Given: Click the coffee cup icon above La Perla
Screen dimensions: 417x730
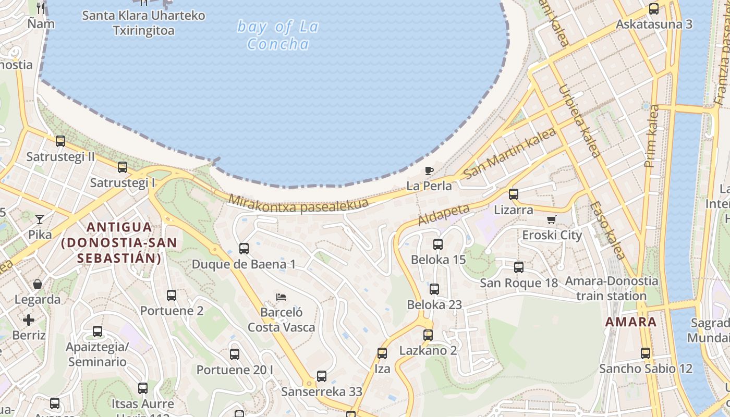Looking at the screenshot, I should [429, 170].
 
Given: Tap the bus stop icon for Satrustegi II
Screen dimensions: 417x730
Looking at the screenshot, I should [60, 141].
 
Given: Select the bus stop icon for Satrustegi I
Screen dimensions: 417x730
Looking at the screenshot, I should [123, 167].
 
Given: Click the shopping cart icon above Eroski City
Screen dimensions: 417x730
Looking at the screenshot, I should [552, 219].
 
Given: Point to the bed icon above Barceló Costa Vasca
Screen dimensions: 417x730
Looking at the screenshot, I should [281, 297].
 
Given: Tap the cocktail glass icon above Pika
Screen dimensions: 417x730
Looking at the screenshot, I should [40, 219].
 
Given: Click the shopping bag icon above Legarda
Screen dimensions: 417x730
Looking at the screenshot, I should [38, 284].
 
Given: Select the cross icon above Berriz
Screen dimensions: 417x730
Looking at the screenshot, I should [29, 320].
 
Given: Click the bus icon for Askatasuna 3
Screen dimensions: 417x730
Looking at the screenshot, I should [654, 9].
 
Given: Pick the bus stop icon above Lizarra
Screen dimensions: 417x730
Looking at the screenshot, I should [514, 194].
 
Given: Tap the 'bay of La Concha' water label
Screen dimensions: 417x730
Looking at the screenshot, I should [278, 35].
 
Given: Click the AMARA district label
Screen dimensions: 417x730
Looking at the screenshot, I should [631, 322].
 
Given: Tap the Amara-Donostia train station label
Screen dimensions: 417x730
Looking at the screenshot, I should [612, 289].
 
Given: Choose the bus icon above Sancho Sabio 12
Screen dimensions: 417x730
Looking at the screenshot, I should [646, 353].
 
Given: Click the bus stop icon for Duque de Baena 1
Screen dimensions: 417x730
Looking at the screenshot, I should [244, 249].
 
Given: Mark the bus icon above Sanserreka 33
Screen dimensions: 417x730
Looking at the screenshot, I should [322, 376].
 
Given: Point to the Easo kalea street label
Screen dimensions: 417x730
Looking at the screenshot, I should [607, 230].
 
